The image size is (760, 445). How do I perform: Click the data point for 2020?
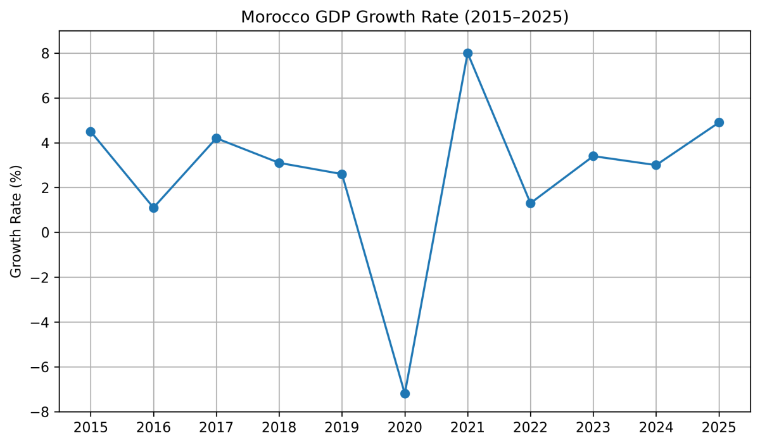[405, 394]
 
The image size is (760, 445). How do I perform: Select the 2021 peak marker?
[467, 53]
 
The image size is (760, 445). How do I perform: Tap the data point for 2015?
[91, 132]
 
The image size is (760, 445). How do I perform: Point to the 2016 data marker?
[153, 208]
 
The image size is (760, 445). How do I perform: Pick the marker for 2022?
[530, 203]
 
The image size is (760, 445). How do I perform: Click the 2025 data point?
[719, 123]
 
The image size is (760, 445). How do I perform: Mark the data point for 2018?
[279, 163]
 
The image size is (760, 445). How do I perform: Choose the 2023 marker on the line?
[593, 156]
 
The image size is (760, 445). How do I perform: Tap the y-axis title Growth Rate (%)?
[16, 221]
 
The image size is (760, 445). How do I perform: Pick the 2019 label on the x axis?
[342, 428]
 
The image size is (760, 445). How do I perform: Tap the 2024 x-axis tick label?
[655, 428]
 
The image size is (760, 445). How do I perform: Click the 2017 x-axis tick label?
[216, 428]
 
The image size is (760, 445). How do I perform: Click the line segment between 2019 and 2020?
[374, 284]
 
